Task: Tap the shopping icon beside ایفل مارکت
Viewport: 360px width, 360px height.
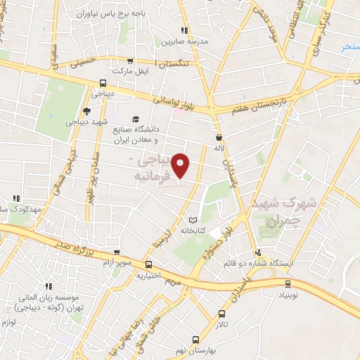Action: (131, 61)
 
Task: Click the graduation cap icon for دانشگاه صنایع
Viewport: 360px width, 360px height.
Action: (136, 120)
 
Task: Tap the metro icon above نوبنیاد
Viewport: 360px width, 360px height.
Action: (287, 284)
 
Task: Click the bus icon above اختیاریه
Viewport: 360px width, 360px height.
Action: (148, 264)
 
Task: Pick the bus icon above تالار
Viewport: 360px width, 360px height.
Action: (222, 314)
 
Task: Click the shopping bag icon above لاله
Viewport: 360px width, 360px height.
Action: (219, 137)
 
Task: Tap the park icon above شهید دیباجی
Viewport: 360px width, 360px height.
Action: (87, 111)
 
